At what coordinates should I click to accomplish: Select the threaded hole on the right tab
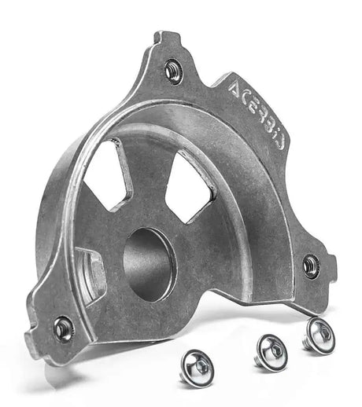(x=312, y=264)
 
